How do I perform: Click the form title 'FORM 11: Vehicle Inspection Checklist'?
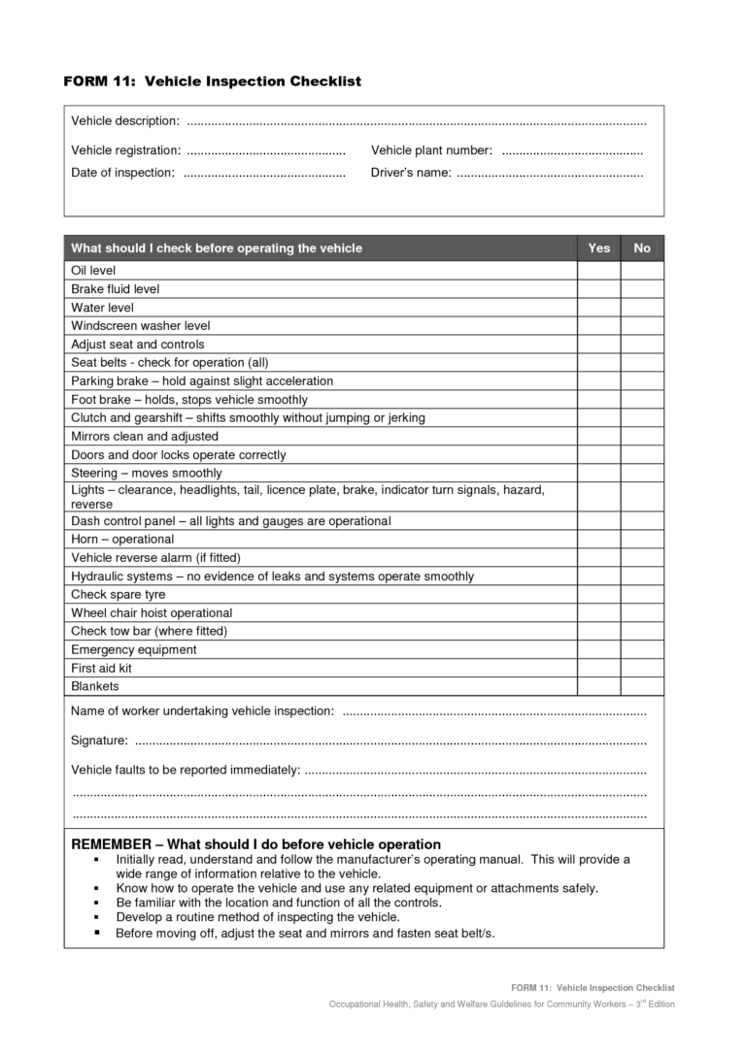tap(212, 82)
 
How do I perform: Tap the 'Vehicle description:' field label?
tap(125, 120)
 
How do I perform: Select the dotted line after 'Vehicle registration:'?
tap(265, 151)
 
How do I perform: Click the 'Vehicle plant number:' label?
tap(431, 150)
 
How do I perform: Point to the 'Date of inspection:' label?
tap(123, 173)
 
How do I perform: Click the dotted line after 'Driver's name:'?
tap(549, 174)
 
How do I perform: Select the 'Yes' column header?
tap(599, 248)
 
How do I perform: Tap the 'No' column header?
tap(642, 248)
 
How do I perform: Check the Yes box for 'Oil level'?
tap(599, 271)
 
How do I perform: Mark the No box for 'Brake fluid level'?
tap(642, 289)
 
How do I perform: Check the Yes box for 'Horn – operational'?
tap(599, 540)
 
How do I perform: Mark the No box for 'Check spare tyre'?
tap(642, 595)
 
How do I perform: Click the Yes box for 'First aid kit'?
tap(599, 669)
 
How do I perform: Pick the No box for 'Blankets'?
tap(642, 687)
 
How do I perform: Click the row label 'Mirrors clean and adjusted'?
tap(145, 437)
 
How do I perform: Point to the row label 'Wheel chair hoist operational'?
tap(152, 613)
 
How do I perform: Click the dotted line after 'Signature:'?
tap(390, 742)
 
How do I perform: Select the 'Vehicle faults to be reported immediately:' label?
tap(186, 771)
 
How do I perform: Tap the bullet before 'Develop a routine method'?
tap(97, 917)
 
